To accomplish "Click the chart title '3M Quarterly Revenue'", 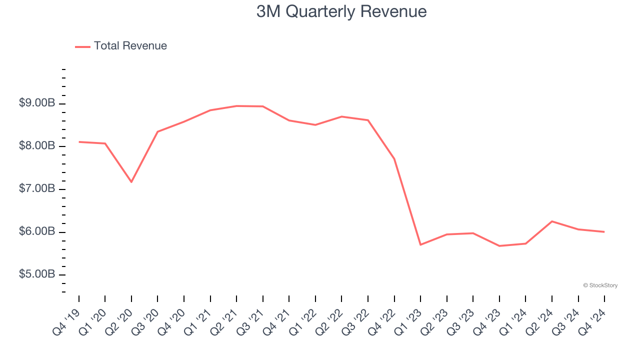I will coord(341,11).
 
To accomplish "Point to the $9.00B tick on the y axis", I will coord(37,103).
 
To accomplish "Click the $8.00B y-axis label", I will coord(37,146).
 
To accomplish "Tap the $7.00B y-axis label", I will coord(37,189).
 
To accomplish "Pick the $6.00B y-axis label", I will coord(37,232).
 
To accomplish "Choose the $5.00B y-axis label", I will coord(37,274).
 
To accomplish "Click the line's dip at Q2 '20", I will coord(131,182).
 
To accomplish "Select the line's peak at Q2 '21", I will coord(236,106).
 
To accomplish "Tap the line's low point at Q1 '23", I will coord(420,244).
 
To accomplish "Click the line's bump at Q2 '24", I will coord(552,221).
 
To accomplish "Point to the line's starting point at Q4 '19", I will coord(79,142).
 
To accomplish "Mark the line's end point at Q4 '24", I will coord(604,231).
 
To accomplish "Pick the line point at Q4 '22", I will coord(394,159).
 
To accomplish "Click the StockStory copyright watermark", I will coord(600,285).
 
